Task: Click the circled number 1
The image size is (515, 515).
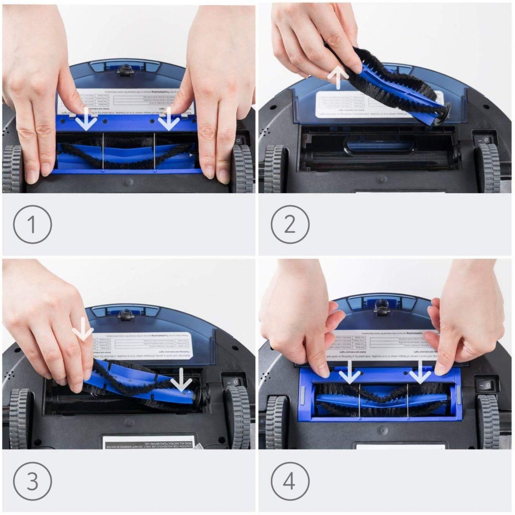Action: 32,224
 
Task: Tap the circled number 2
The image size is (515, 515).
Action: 290,224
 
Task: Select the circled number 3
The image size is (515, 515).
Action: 32,482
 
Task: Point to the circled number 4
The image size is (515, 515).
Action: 290,482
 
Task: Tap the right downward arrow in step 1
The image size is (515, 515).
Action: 169,119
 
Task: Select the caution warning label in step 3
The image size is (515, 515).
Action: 148,442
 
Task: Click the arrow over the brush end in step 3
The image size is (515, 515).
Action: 180,378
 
